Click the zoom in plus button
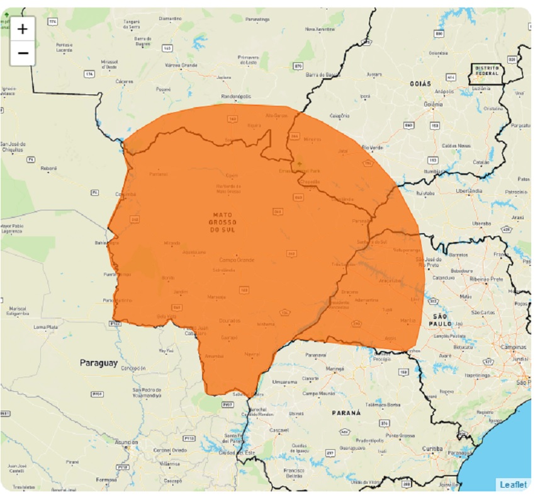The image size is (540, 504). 23,29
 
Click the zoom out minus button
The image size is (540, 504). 23,53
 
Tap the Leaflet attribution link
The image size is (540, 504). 513,484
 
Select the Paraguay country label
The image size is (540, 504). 99,364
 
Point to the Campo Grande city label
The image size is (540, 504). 236,260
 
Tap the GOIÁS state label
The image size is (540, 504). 420,83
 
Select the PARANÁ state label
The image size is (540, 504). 347,413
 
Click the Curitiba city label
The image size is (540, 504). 433,448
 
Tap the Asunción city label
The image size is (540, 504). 126,442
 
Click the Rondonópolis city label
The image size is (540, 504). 236,96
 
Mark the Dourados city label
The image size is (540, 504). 230,321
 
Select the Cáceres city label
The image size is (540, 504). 124,81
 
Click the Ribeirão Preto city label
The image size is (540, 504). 483,278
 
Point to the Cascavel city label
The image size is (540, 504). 278,430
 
